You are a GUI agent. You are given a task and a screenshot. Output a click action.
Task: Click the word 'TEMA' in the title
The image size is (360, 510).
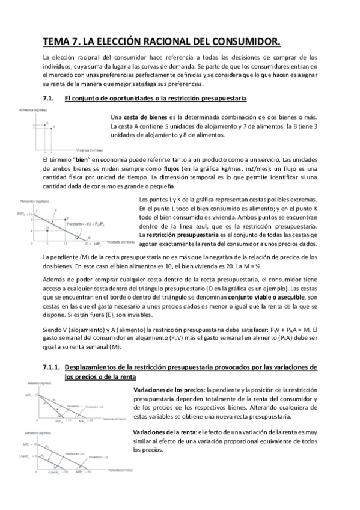point(55,41)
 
